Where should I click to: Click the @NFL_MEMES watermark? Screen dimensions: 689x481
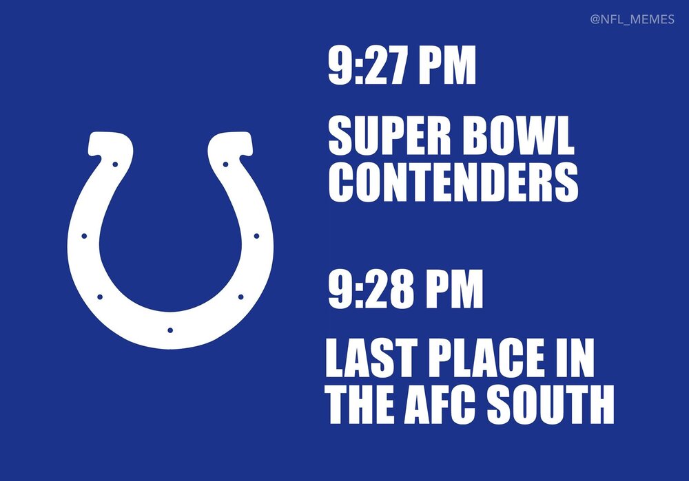(632, 20)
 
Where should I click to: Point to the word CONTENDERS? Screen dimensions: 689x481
(453, 182)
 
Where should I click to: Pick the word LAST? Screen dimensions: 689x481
(371, 358)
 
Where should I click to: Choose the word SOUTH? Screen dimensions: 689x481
(550, 404)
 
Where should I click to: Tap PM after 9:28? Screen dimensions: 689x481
(453, 289)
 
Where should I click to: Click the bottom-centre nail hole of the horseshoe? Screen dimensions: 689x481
(170, 330)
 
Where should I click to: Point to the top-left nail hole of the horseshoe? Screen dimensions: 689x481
(115, 164)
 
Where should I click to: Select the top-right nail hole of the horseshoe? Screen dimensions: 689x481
(225, 164)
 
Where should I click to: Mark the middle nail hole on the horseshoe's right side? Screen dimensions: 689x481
(256, 236)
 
